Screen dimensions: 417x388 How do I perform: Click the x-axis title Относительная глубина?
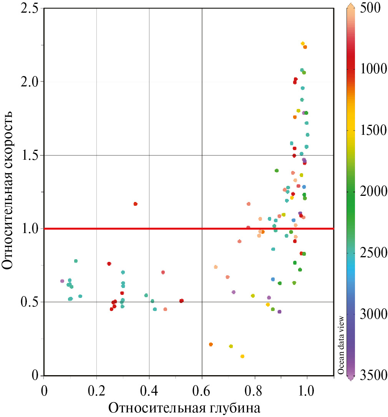[x=184, y=407]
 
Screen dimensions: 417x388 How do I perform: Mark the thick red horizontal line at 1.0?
[x=188, y=228]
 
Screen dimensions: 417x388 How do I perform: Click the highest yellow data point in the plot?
[x=303, y=43]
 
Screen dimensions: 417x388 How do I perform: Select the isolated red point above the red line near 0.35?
[x=135, y=204]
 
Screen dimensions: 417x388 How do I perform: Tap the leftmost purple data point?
[x=62, y=281]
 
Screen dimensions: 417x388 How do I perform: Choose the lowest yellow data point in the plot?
[x=242, y=356]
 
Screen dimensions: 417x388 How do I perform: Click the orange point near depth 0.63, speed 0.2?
[x=211, y=344]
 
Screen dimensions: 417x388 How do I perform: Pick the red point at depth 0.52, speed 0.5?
[x=181, y=301]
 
